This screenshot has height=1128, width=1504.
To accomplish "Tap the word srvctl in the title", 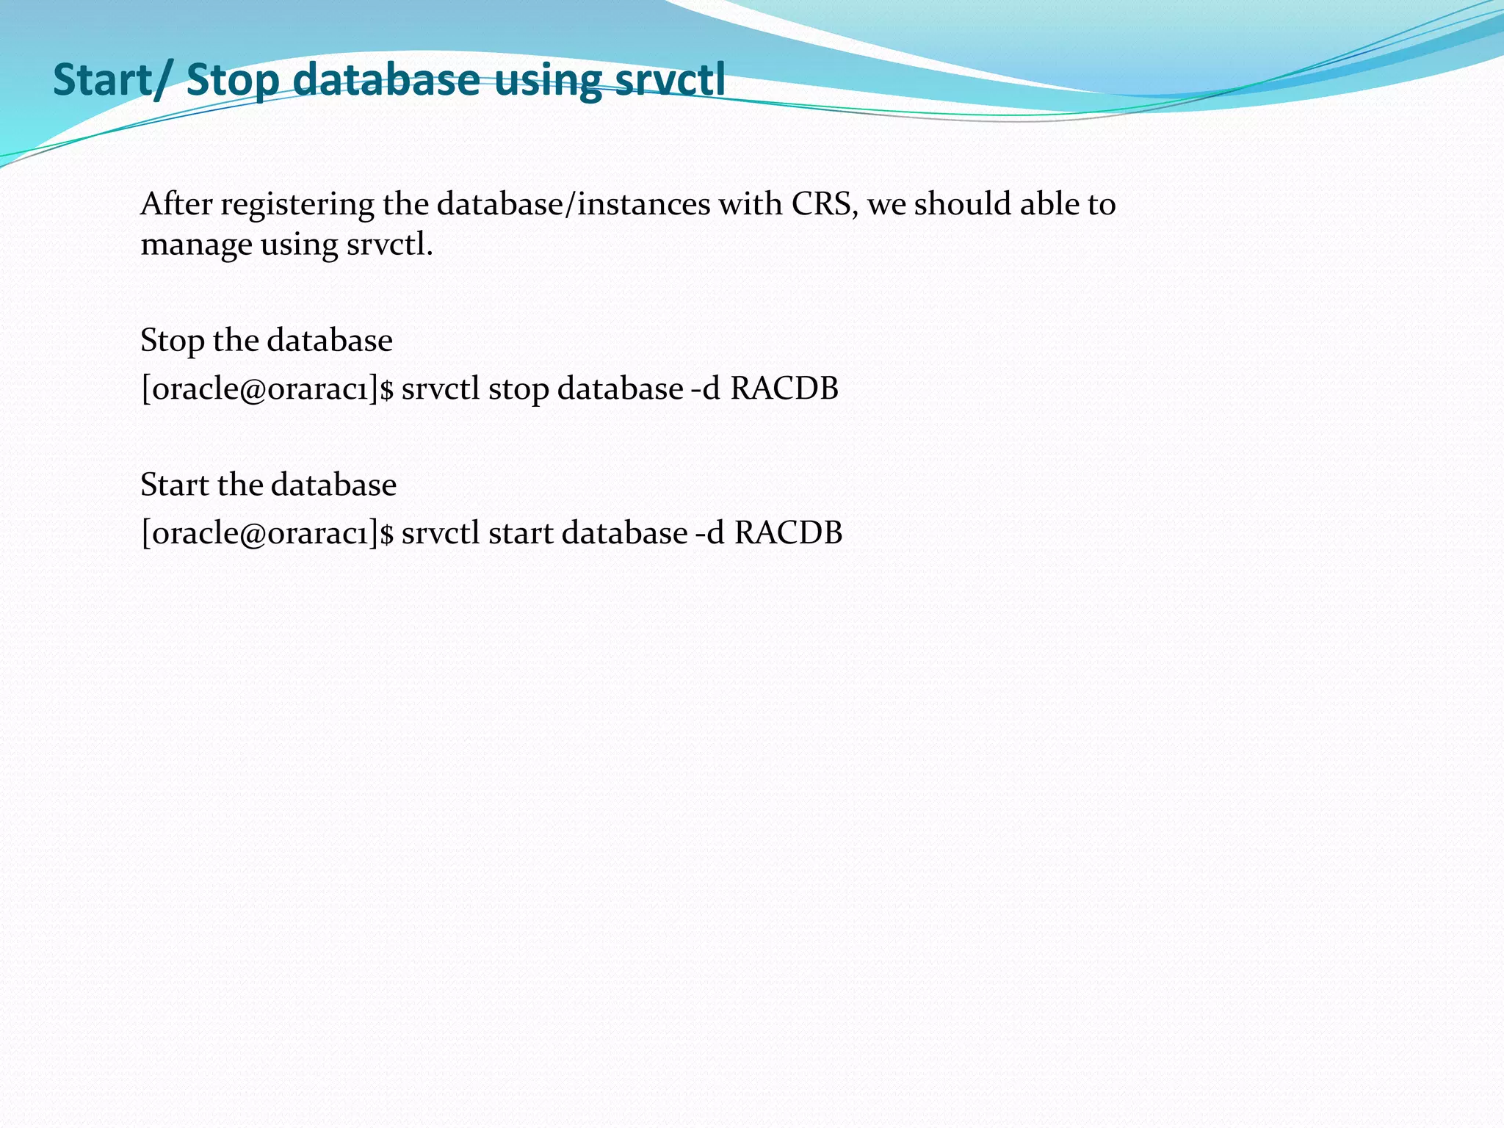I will click(x=670, y=79).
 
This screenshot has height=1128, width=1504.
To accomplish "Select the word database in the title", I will click(x=386, y=79).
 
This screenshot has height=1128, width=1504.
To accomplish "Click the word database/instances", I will click(x=574, y=204).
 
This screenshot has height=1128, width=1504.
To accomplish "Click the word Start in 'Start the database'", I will click(x=175, y=485).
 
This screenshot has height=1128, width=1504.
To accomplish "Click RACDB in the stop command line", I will click(x=784, y=388).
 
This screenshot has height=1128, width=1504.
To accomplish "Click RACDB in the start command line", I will click(x=788, y=532).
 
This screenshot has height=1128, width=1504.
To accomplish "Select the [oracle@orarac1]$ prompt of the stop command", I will click(x=267, y=389).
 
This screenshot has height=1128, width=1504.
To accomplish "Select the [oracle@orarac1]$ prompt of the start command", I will click(x=267, y=533).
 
